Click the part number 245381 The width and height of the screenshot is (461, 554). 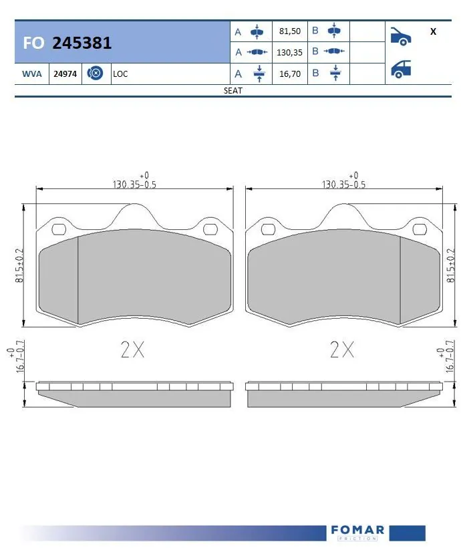click(82, 43)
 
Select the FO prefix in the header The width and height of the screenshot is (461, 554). click(33, 43)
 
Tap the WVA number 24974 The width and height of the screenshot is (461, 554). click(65, 74)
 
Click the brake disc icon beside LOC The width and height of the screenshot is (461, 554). click(96, 74)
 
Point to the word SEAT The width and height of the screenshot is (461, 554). click(233, 91)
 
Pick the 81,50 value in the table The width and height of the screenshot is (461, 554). click(289, 31)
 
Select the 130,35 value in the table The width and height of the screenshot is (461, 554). click(289, 52)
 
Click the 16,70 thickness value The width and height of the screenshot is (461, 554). click(289, 74)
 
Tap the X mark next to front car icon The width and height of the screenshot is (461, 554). click(433, 31)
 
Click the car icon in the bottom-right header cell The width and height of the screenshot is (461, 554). click(400, 69)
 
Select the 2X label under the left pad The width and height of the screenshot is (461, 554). click(132, 350)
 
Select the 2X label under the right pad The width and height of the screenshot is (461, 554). click(342, 350)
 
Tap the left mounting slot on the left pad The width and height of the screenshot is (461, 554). click(58, 230)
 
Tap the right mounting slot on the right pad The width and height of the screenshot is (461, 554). click(420, 230)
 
